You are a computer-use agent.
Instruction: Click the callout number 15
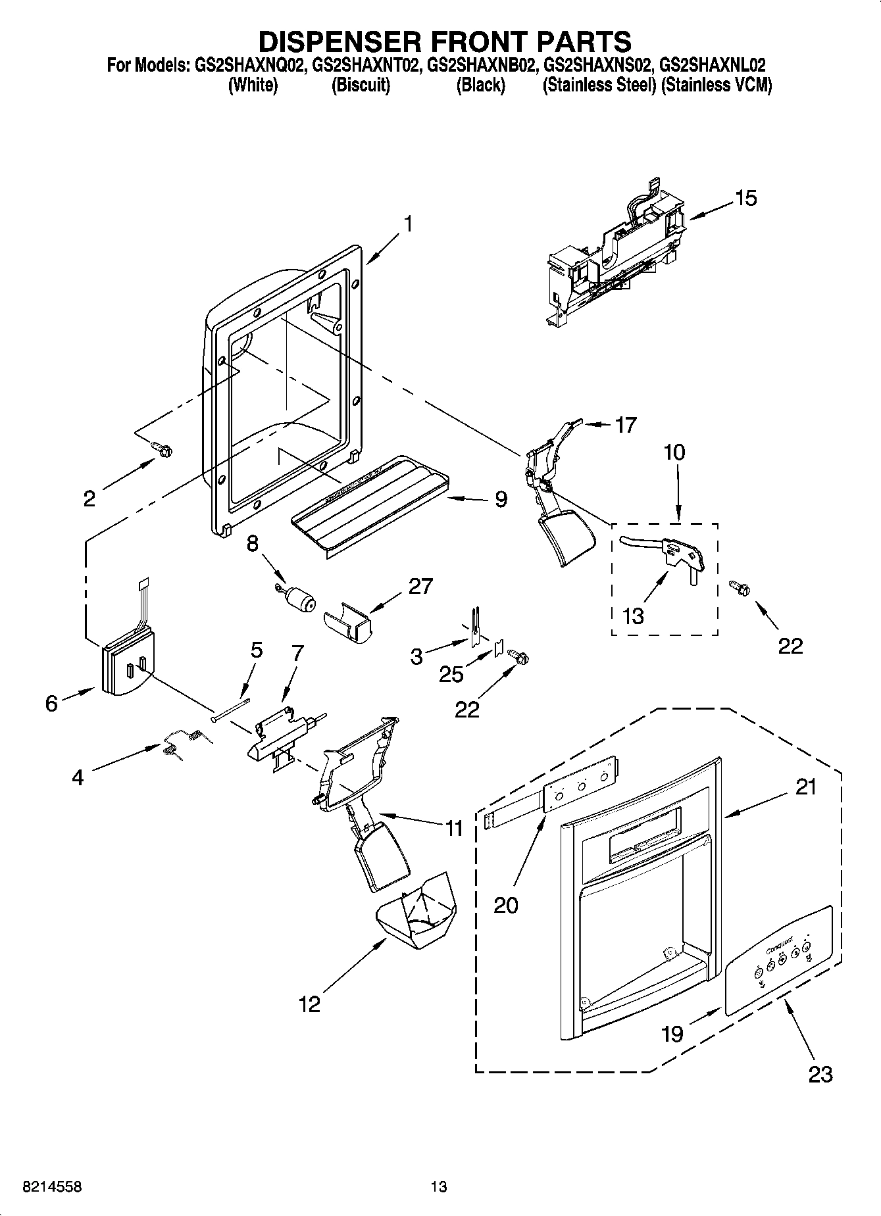coord(745,198)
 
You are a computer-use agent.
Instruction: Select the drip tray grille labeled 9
coord(368,500)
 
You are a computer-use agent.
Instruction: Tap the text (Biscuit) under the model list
coord(361,85)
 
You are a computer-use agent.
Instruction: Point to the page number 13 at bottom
coord(439,1187)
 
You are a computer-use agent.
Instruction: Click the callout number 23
coord(820,1074)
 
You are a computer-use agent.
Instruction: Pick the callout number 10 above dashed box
coord(674,452)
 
